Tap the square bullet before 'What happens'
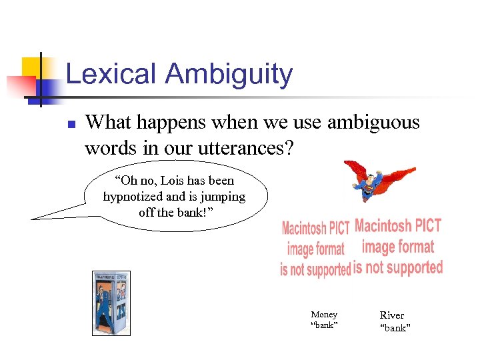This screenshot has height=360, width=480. pos(71,124)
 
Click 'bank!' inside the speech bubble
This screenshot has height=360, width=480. pos(198,213)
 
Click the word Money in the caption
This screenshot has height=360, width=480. pos(324,314)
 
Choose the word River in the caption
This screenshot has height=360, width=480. pos(392,315)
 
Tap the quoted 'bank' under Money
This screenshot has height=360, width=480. pos(325,325)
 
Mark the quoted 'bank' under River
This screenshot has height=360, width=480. pos(395,327)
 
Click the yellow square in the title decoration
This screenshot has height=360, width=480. pos(33,67)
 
